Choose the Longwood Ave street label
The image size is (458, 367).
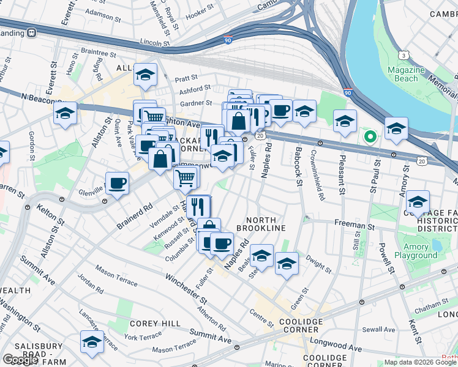click(336, 346)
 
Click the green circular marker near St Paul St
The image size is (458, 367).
click(369, 136)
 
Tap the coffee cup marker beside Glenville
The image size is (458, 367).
click(117, 183)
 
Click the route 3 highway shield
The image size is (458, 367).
click(404, 56)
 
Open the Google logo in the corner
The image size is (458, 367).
click(20, 360)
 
